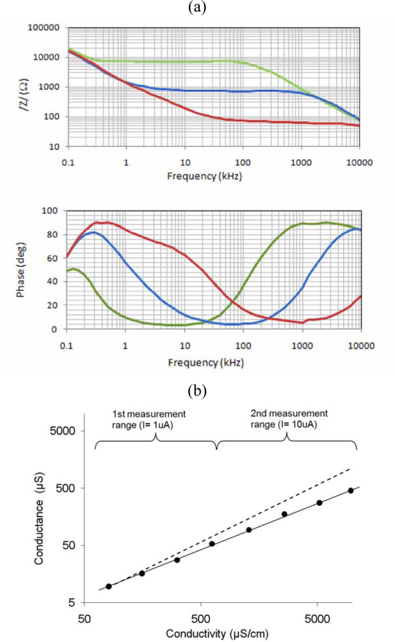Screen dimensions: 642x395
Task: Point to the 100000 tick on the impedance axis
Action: pos(42,28)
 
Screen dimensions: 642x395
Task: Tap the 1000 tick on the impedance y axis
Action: pos(48,87)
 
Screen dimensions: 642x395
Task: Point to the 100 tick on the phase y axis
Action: pos(51,211)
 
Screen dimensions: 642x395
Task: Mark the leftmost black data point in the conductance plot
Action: pos(109,586)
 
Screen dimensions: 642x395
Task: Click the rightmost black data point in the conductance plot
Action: pos(351,490)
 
